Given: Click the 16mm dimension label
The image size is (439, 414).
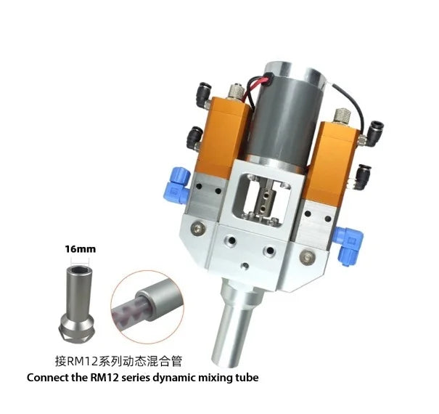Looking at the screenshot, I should (81, 248).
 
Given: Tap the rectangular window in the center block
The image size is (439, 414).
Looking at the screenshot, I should (265, 195).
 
